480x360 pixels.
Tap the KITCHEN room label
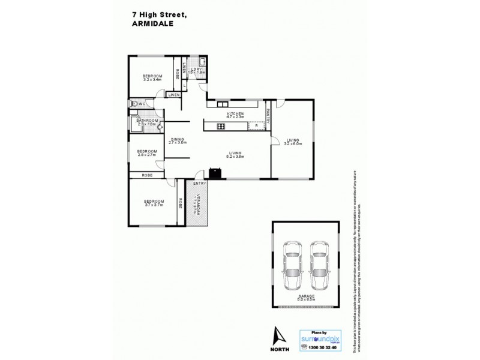point(235,113)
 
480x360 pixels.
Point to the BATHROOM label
point(146,121)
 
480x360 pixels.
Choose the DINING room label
point(177,139)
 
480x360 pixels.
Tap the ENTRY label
point(199,183)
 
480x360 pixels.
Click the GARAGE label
point(307,296)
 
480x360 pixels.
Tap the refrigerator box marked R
point(257,126)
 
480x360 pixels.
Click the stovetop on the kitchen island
point(220,126)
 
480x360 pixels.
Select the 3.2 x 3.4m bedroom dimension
point(153,79)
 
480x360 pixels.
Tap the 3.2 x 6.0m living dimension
point(293,144)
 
